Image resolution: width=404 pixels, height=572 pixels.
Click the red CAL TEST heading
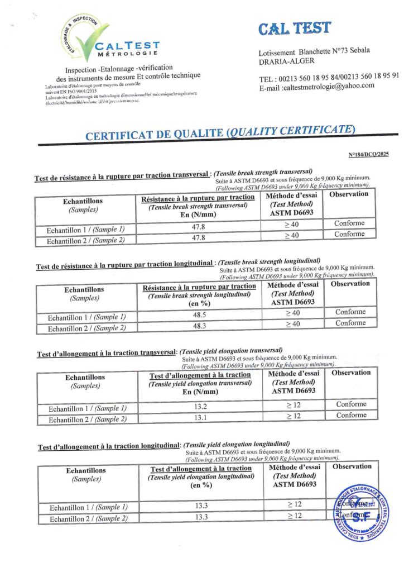tap(295, 28)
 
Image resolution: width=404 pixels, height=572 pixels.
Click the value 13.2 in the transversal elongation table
tap(201, 406)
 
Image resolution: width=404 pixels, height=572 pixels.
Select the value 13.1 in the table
tap(201, 417)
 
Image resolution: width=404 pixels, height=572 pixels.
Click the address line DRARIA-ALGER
tap(286, 61)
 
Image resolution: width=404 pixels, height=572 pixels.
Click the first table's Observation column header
tap(349, 194)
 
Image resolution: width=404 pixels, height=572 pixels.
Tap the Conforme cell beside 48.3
tap(350, 323)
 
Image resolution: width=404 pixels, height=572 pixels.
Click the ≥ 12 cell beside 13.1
tap(294, 416)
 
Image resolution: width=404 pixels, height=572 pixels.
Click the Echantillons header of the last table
tap(85, 470)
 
